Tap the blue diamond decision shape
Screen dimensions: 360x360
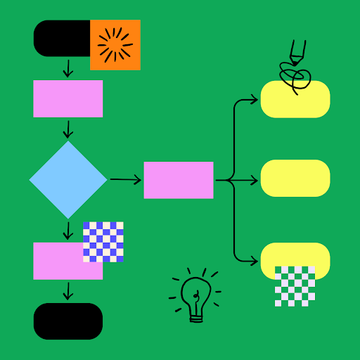coord(68,180)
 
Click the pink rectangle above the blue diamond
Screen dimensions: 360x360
coord(68,99)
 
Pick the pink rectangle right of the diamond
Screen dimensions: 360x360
coord(178,180)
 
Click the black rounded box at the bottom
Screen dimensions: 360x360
coord(68,320)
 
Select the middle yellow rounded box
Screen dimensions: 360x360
coord(295,178)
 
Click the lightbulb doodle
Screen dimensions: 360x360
coord(194,296)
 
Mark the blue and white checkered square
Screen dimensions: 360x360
coord(103,241)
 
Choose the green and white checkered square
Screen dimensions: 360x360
coord(295,286)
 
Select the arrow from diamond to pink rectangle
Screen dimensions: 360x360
coord(125,180)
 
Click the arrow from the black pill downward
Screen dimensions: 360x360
coord(68,68)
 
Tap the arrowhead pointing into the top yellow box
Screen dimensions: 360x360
coord(254,100)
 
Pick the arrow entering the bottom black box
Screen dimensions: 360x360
coord(68,293)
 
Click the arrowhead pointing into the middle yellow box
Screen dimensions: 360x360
coord(254,180)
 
